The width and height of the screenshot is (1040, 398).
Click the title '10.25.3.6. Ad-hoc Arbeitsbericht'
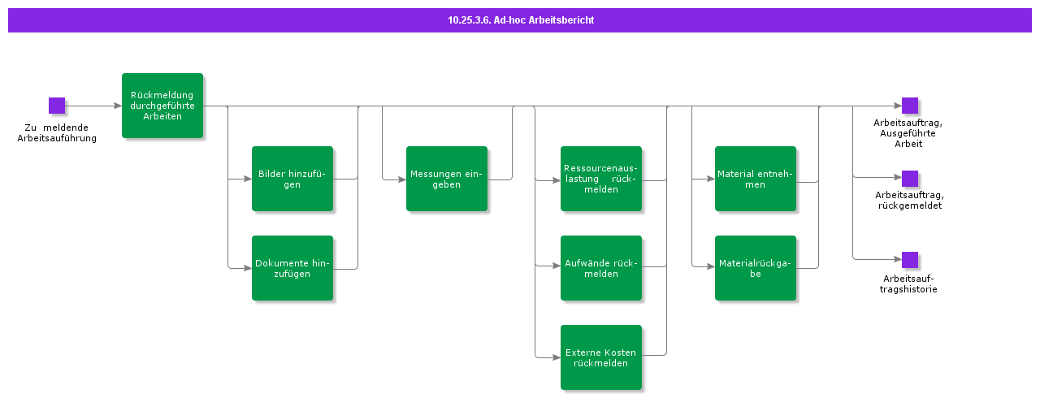520,19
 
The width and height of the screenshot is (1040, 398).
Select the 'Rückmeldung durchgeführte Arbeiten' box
162,106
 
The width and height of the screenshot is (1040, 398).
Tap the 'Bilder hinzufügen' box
292,179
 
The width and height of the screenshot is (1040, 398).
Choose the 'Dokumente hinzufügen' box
292,268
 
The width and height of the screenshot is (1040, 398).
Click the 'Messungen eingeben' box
447,179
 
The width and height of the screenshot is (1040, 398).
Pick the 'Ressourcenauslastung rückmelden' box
601,179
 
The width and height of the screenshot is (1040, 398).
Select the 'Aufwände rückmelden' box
601,268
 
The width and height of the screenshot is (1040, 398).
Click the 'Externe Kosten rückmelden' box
601,357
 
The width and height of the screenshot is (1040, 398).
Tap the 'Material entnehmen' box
756,179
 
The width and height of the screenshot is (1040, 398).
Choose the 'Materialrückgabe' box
756,268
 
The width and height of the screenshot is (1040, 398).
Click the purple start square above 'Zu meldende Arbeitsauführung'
57,106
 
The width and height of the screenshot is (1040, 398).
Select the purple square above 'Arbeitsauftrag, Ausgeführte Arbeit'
910,106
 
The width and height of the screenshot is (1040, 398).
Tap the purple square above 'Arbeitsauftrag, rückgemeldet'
910,179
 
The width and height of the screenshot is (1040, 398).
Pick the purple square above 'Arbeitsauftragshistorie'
910,260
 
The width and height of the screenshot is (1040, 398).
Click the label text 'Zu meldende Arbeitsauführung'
57,133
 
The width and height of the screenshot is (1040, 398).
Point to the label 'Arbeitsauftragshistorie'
909,284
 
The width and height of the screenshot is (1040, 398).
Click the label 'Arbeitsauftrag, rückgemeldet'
909,201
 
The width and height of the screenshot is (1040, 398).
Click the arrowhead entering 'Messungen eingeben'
401,179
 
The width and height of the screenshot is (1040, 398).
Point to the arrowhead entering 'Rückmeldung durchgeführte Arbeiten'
117,106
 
